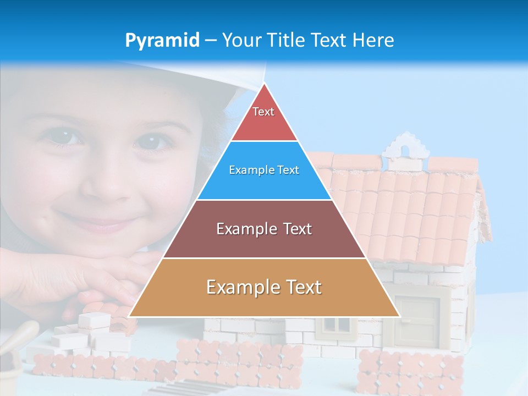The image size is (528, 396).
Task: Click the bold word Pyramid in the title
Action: tap(162, 41)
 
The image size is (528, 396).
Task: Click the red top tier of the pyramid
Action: tap(264, 118)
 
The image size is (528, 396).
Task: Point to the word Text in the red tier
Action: tap(263, 112)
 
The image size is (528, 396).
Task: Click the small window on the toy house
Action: tap(335, 324)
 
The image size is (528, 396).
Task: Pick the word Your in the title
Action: tap(241, 41)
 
